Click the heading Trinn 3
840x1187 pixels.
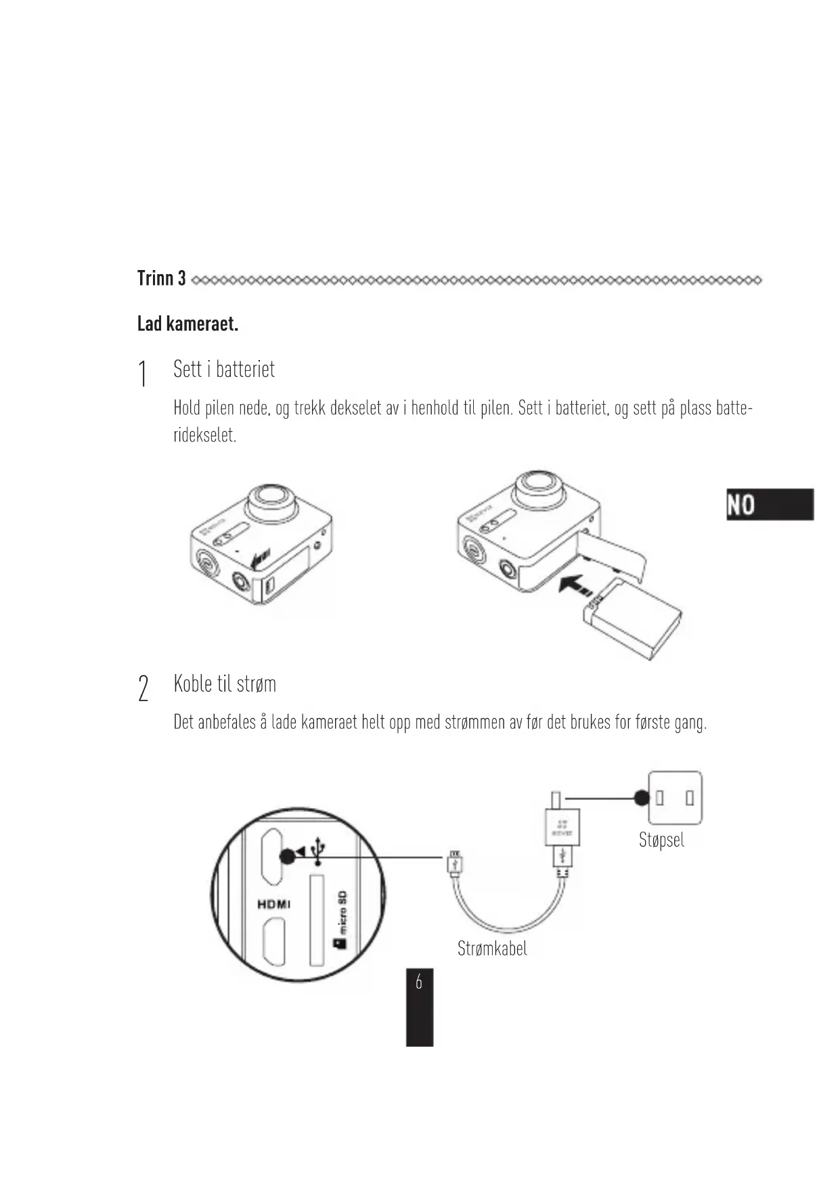click(161, 278)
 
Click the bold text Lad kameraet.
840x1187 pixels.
click(187, 324)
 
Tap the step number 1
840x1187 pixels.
click(142, 374)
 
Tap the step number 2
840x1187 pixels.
click(143, 688)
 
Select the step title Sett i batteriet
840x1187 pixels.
click(224, 369)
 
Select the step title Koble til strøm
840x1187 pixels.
click(225, 684)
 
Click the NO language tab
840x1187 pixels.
click(770, 504)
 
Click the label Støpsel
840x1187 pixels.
click(661, 840)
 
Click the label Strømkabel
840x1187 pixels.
click(492, 948)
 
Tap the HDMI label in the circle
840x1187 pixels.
click(274, 904)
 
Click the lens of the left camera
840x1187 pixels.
click(272, 501)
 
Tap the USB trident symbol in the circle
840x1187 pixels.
click(318, 851)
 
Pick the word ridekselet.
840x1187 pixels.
click(205, 435)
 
